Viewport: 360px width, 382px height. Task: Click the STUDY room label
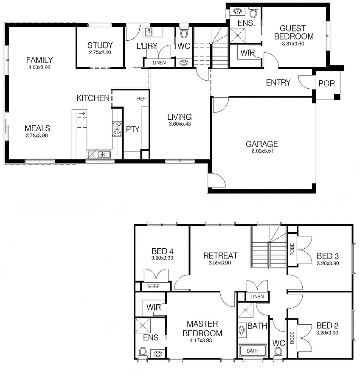pyautogui.click(x=100, y=45)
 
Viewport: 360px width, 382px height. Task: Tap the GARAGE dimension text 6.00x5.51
pyautogui.click(x=262, y=151)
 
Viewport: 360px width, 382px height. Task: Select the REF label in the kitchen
pyautogui.click(x=141, y=98)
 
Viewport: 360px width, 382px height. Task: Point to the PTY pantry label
pyautogui.click(x=132, y=129)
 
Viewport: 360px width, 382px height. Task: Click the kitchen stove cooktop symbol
pyautogui.click(x=117, y=129)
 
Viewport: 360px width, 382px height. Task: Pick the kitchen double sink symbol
pyautogui.click(x=99, y=154)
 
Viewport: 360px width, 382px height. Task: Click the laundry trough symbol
pyautogui.click(x=149, y=32)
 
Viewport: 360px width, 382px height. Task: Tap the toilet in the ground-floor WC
pyautogui.click(x=183, y=32)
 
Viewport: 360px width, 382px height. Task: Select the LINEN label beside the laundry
pyautogui.click(x=159, y=63)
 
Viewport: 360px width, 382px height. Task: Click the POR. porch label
pyautogui.click(x=327, y=84)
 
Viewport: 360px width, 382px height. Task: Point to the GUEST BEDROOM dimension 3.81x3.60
pyautogui.click(x=293, y=44)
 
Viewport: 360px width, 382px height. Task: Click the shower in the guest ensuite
pyautogui.click(x=238, y=35)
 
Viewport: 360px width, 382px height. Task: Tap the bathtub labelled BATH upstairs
pyautogui.click(x=253, y=351)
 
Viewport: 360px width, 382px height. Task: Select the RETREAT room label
pyautogui.click(x=220, y=256)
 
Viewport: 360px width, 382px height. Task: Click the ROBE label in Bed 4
pyautogui.click(x=153, y=286)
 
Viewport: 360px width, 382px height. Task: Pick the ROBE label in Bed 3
pyautogui.click(x=292, y=249)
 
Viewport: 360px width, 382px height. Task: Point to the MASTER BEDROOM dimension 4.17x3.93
pyautogui.click(x=201, y=340)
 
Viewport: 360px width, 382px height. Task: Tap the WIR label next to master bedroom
pyautogui.click(x=154, y=307)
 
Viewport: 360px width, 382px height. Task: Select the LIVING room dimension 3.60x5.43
pyautogui.click(x=180, y=124)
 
